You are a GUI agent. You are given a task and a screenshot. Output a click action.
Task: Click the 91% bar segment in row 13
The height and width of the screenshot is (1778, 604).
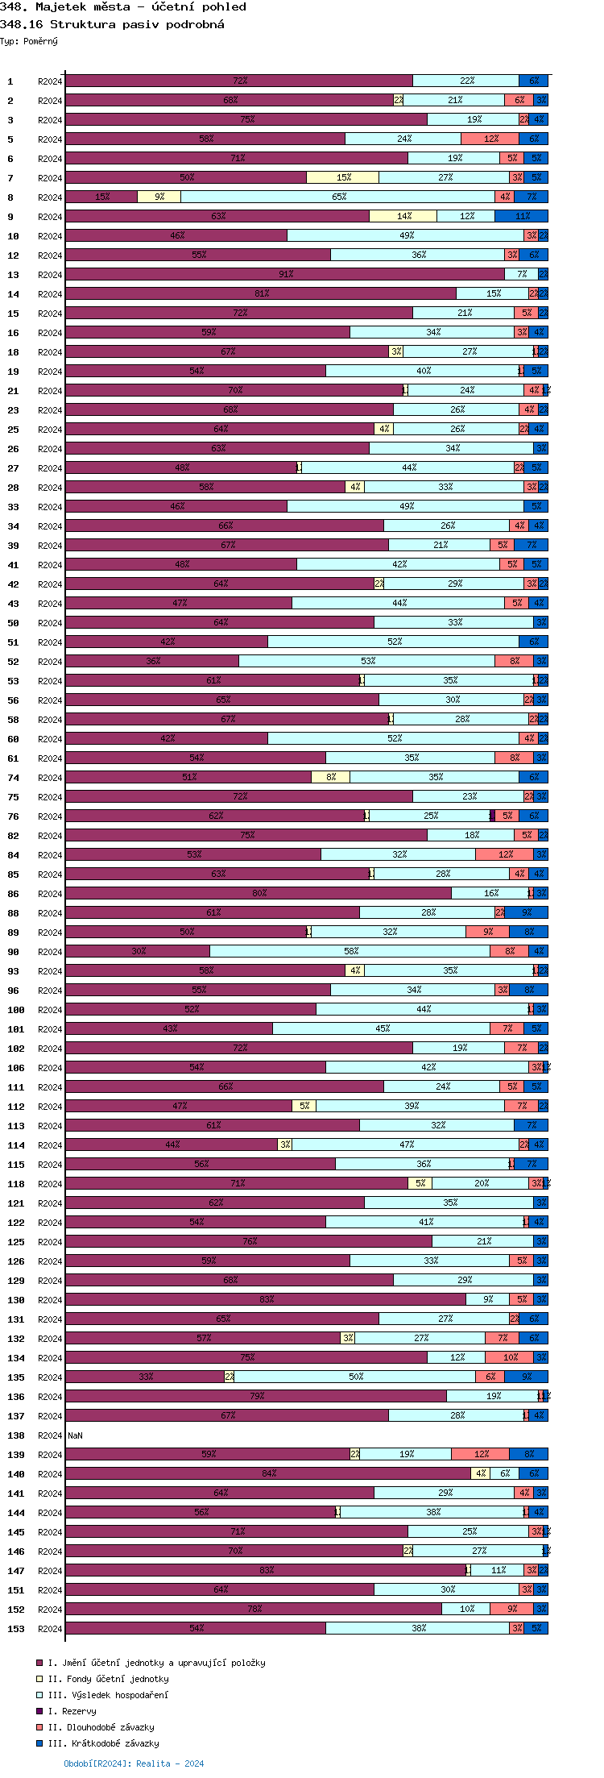(x=285, y=274)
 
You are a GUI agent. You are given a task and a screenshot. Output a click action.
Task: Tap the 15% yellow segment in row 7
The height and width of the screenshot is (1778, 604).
(x=342, y=177)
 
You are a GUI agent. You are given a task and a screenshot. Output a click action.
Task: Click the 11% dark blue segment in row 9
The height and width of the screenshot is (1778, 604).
(x=521, y=216)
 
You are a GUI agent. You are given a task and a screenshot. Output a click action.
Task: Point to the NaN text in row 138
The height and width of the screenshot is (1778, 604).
(x=75, y=1435)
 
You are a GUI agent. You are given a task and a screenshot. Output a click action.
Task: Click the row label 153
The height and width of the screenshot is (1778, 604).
(x=16, y=1629)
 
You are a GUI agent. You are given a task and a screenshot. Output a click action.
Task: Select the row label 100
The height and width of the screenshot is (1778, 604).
(x=16, y=1010)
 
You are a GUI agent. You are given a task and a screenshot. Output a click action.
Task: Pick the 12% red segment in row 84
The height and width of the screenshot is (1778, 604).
(x=504, y=854)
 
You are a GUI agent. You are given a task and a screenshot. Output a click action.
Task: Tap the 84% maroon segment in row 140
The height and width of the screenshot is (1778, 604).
(x=268, y=1473)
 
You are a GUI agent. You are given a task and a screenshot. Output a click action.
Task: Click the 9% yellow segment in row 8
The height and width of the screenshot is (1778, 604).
(x=159, y=197)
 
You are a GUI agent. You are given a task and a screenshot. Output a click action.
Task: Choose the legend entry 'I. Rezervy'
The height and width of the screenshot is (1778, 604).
(x=72, y=1711)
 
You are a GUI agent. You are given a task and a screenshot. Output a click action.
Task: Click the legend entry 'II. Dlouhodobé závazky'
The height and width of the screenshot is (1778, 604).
(x=101, y=1727)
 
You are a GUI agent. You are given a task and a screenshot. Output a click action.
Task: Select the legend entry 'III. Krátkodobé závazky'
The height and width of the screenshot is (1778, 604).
(x=103, y=1743)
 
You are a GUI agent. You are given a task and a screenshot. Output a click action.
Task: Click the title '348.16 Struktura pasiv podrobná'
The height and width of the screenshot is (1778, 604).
(x=112, y=24)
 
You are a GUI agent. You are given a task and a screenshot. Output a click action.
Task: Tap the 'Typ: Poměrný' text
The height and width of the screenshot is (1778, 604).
(x=29, y=41)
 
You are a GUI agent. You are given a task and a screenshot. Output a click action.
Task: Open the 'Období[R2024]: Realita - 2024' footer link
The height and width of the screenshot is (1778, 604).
(x=134, y=1763)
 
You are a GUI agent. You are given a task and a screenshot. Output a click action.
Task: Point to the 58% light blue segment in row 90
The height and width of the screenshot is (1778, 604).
(x=350, y=951)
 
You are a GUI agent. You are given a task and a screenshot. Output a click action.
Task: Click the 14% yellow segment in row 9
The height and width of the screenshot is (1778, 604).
(x=403, y=216)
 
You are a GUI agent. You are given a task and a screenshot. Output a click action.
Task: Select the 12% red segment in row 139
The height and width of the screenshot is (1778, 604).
(x=480, y=1454)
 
